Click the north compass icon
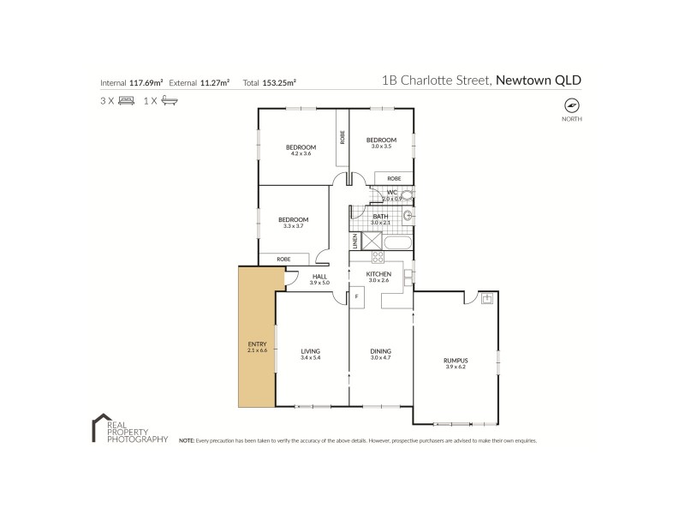pyautogui.click(x=571, y=105)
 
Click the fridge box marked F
pyautogui.click(x=356, y=296)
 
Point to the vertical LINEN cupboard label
pyautogui.click(x=354, y=241)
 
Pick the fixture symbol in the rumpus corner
pyautogui.click(x=486, y=299)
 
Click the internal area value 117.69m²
pyautogui.click(x=146, y=83)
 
